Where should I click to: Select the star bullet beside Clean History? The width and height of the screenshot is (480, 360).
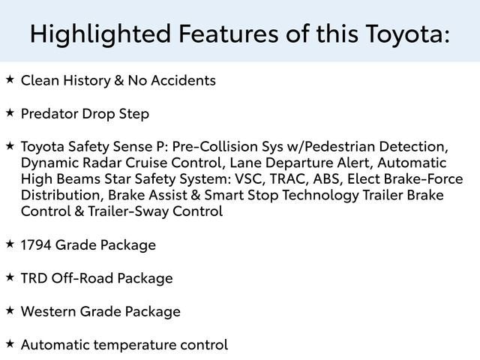[x=10, y=78]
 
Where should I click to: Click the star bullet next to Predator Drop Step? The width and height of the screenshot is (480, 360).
[x=10, y=112]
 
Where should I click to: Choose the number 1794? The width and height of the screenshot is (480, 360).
[x=38, y=244]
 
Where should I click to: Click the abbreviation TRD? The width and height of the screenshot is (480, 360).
[x=34, y=277]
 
